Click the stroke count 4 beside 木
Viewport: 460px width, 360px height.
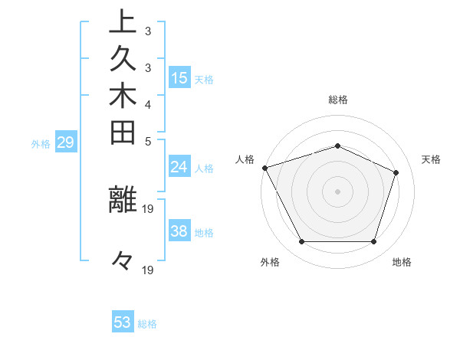coord(147,105)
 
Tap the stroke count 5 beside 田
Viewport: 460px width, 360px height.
coord(147,142)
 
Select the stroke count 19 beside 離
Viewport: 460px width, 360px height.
coord(149,209)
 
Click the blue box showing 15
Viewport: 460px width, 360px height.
coord(179,78)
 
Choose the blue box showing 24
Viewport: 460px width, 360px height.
coord(179,167)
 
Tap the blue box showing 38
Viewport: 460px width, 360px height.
coord(179,231)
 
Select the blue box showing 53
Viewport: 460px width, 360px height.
coord(123,322)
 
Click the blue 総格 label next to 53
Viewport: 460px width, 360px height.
coord(148,324)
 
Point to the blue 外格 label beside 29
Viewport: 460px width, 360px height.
coord(41,143)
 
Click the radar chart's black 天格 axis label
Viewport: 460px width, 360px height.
coord(432,159)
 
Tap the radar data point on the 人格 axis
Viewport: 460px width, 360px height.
coord(264,168)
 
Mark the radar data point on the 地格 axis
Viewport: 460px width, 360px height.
coord(373,242)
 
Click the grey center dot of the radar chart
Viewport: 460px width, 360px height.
coord(337,191)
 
